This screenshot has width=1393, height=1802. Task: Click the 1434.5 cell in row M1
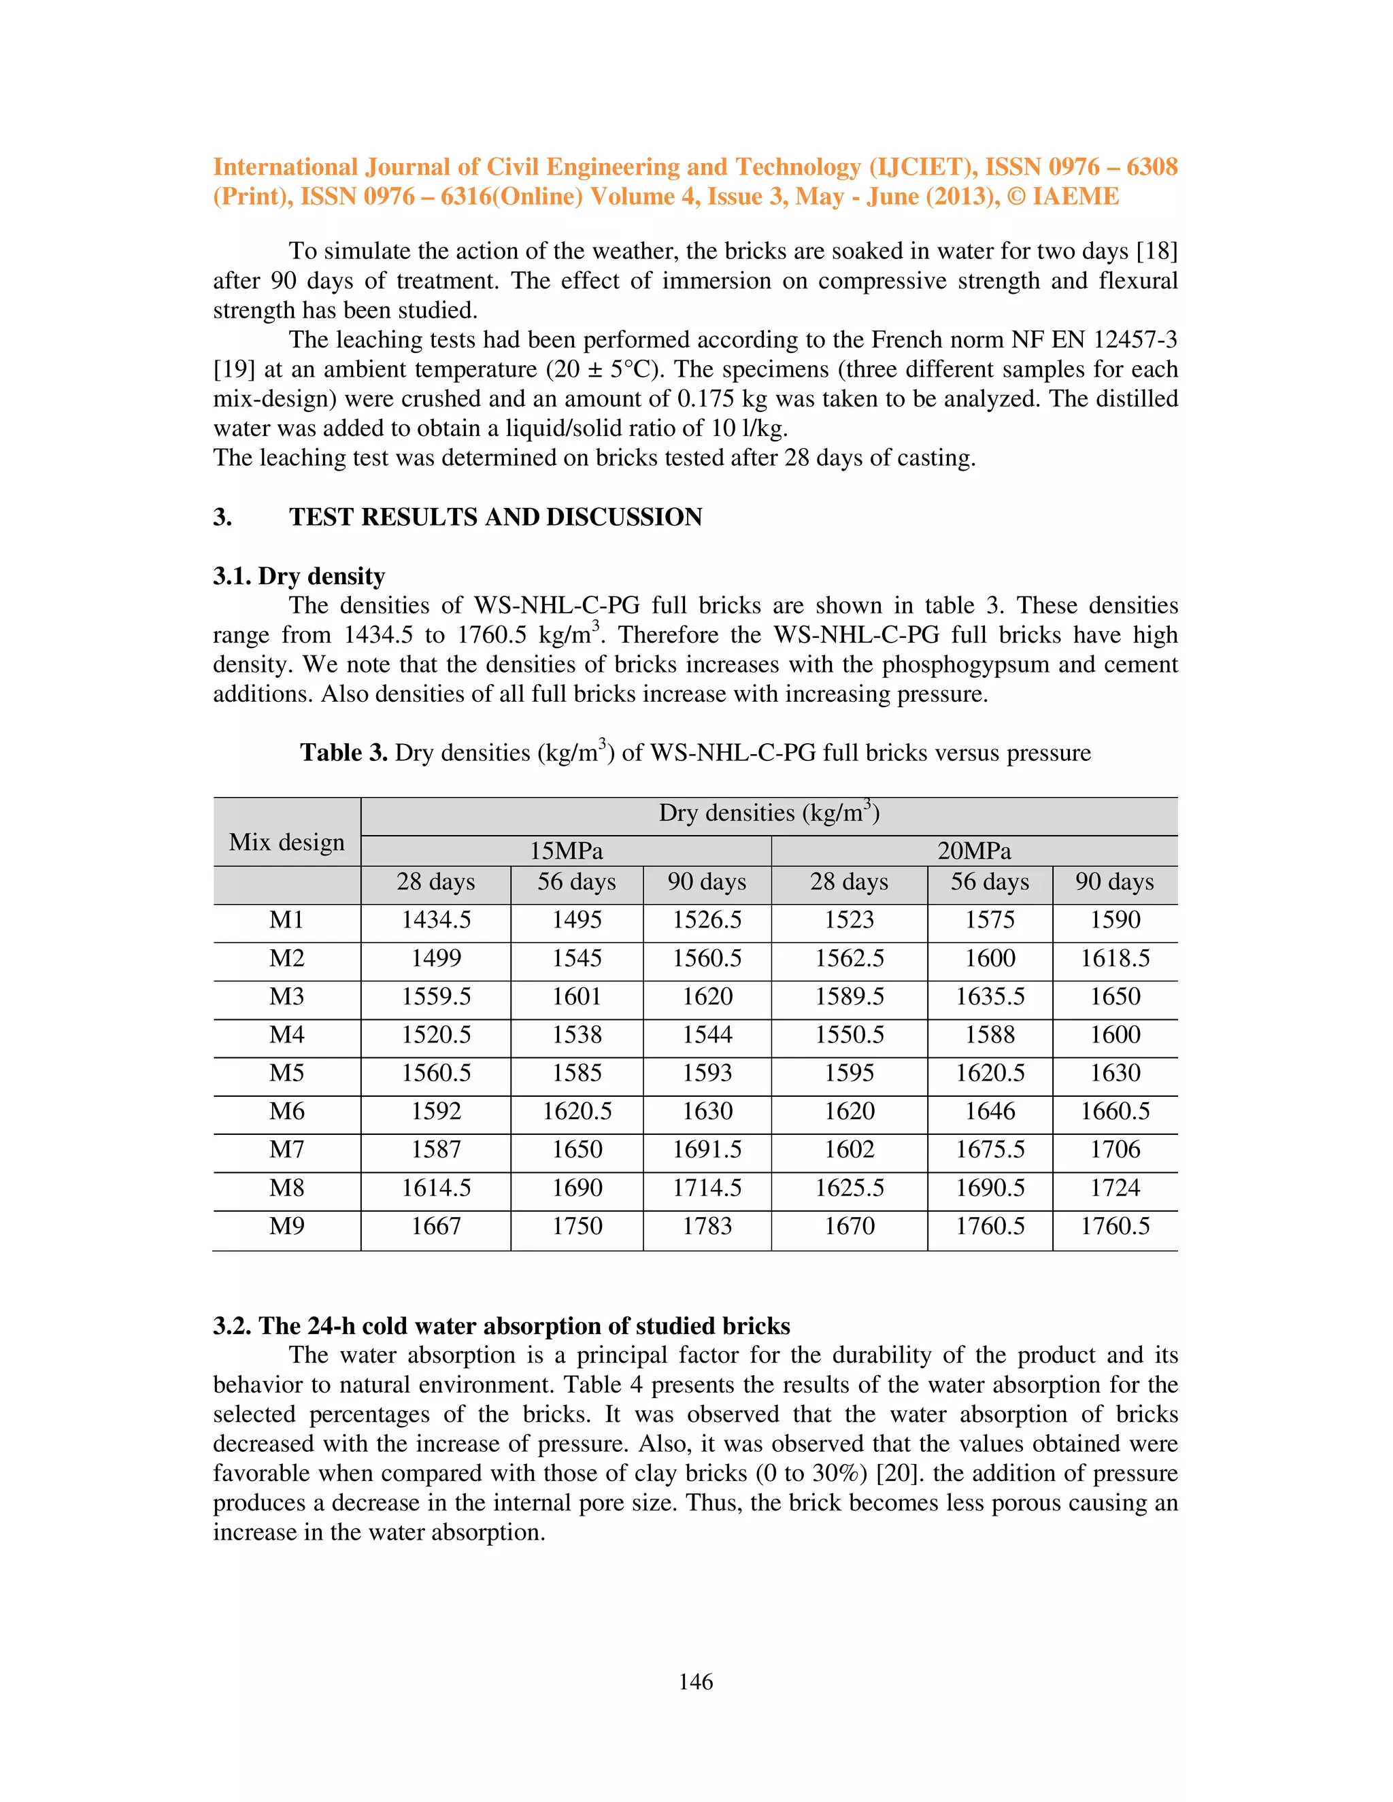point(436,920)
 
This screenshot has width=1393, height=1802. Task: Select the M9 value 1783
point(707,1226)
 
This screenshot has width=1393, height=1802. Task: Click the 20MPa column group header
point(974,851)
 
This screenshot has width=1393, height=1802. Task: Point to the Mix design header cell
point(286,842)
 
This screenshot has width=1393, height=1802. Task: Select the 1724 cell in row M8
point(1115,1187)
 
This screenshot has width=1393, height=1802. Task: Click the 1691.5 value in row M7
point(707,1149)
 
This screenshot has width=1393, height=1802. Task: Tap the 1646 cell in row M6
point(990,1111)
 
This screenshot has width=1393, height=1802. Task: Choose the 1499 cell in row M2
point(436,958)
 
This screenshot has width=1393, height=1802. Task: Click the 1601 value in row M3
point(577,997)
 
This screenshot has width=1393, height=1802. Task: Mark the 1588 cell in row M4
point(990,1035)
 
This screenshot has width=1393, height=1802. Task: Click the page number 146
point(696,1682)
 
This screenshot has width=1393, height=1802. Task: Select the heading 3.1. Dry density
point(299,576)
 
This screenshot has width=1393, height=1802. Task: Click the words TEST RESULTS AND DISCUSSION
point(495,517)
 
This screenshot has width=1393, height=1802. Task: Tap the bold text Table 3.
point(343,753)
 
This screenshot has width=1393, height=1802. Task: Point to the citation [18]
point(1156,251)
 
